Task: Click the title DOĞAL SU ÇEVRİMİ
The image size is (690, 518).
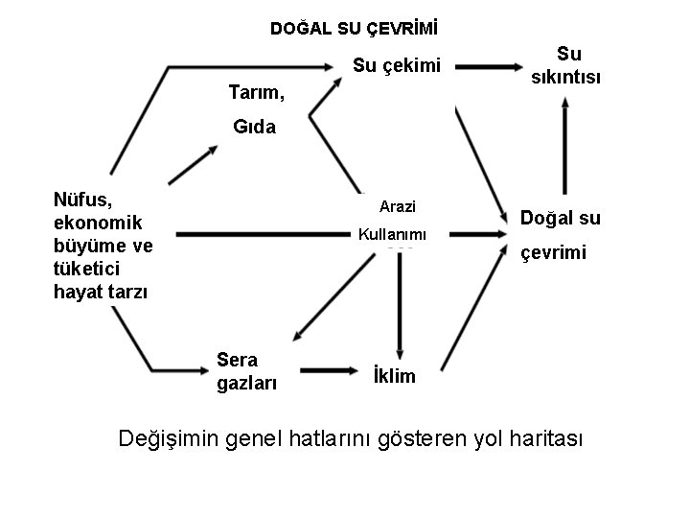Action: tap(346, 29)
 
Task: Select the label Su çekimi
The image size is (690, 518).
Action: tap(396, 66)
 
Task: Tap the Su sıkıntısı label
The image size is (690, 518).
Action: tap(568, 65)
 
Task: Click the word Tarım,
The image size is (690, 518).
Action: tap(257, 93)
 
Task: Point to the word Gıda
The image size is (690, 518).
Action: tap(254, 127)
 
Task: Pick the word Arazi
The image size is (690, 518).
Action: tap(397, 205)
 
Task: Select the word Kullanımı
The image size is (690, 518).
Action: tap(391, 234)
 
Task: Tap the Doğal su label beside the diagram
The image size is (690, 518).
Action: tap(560, 218)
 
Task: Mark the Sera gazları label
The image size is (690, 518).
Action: tap(245, 372)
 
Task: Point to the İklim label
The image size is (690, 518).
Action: tap(393, 376)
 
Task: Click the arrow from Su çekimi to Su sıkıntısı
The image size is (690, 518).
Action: tap(490, 66)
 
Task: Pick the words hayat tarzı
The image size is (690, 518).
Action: tap(101, 292)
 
